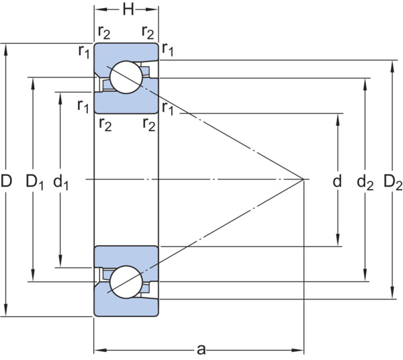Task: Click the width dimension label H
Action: tap(128, 10)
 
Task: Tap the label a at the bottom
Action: tap(201, 350)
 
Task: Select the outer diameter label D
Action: tap(6, 181)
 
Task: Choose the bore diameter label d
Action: tap(337, 181)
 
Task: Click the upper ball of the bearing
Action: tap(126, 77)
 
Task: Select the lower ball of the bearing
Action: tap(126, 282)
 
